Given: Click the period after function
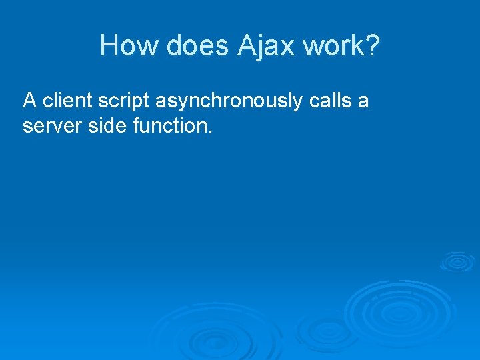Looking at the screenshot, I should click(210, 131).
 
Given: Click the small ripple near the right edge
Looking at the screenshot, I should click(457, 261).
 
